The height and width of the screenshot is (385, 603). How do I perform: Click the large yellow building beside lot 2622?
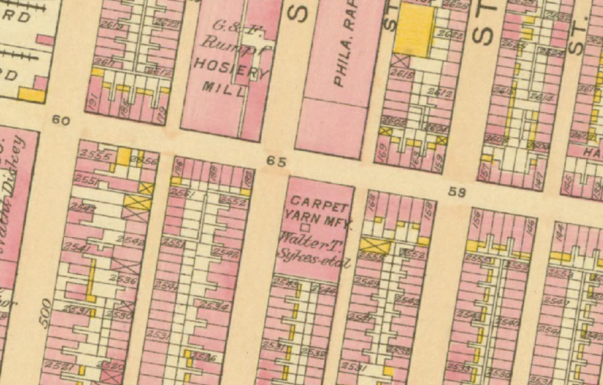pos(416,29)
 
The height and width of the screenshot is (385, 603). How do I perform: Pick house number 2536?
pos(126,281)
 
